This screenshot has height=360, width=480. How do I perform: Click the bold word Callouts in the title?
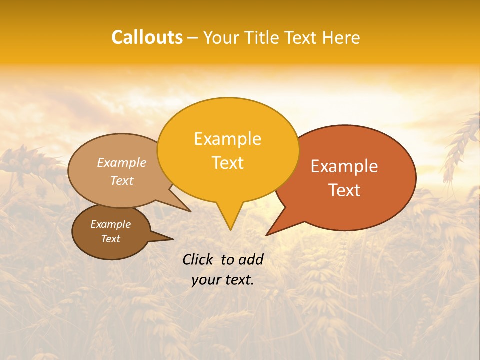click(x=147, y=37)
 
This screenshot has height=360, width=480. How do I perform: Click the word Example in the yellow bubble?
click(x=227, y=139)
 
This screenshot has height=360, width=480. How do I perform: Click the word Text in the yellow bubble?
click(x=227, y=163)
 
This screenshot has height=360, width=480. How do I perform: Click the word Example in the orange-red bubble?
click(x=344, y=166)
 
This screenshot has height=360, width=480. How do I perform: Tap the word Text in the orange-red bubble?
click(x=344, y=190)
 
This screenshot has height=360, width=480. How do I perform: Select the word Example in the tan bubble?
click(x=122, y=163)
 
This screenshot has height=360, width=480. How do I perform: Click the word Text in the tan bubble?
click(x=122, y=181)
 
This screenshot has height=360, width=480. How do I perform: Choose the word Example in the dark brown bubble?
click(x=110, y=225)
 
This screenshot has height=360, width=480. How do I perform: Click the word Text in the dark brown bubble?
click(x=110, y=239)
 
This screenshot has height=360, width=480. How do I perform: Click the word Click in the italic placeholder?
click(x=199, y=260)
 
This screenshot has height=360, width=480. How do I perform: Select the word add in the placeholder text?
click(x=251, y=260)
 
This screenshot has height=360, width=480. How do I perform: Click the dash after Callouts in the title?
click(x=193, y=37)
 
